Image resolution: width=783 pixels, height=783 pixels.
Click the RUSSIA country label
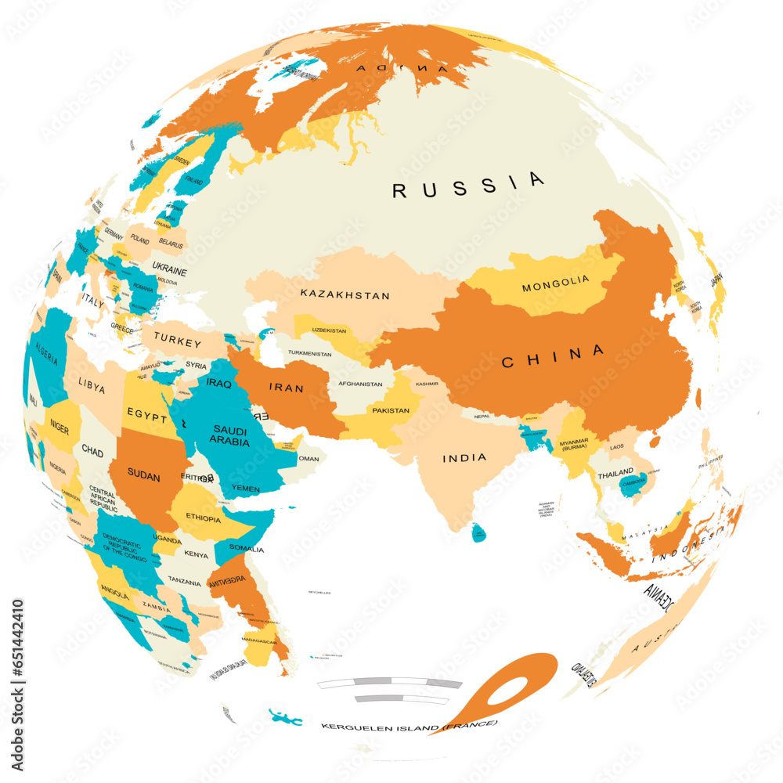click(x=468, y=186)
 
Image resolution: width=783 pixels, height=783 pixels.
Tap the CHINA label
click(x=554, y=356)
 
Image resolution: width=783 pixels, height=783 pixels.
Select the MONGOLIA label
click(x=554, y=283)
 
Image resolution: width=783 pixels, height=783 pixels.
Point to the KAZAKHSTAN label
click(x=345, y=295)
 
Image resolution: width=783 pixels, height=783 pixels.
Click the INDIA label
click(x=464, y=457)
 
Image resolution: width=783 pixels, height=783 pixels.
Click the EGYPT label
click(x=147, y=416)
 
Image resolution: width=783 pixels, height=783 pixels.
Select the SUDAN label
click(x=143, y=477)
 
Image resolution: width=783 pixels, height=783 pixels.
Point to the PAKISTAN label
click(x=391, y=410)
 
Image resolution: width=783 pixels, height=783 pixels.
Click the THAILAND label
click(x=615, y=475)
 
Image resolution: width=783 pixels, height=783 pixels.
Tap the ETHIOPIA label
click(x=203, y=518)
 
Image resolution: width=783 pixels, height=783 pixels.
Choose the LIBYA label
click(x=91, y=385)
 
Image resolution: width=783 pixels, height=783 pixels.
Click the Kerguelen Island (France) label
click(x=409, y=726)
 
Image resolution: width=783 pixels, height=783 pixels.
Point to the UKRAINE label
click(x=169, y=271)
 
